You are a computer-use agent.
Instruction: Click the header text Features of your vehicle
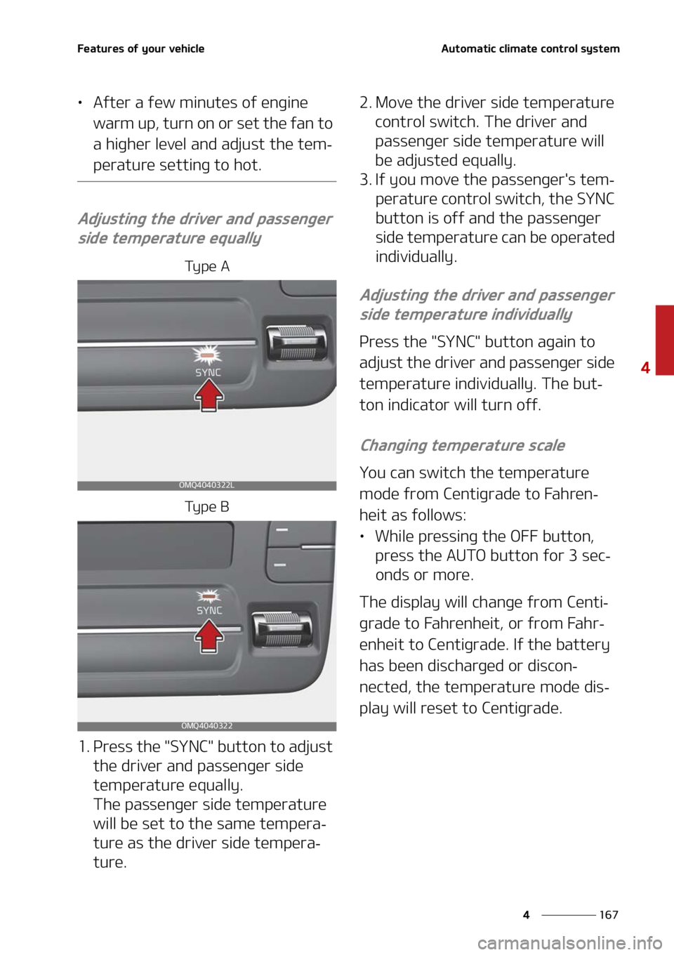[140, 48]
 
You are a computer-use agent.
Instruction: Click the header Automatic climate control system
[530, 48]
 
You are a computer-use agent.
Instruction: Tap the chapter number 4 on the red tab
[645, 367]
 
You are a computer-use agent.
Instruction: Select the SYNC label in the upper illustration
[208, 372]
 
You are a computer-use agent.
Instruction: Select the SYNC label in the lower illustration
[209, 610]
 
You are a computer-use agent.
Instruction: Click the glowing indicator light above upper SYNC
[208, 355]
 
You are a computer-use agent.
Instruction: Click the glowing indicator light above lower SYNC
[209, 595]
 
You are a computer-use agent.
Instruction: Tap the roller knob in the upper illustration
[296, 343]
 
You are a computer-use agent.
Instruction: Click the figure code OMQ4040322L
[206, 485]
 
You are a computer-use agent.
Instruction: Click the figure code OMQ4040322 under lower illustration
[206, 725]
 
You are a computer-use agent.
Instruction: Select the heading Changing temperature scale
[463, 445]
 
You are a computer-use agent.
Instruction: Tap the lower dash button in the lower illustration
[279, 564]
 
